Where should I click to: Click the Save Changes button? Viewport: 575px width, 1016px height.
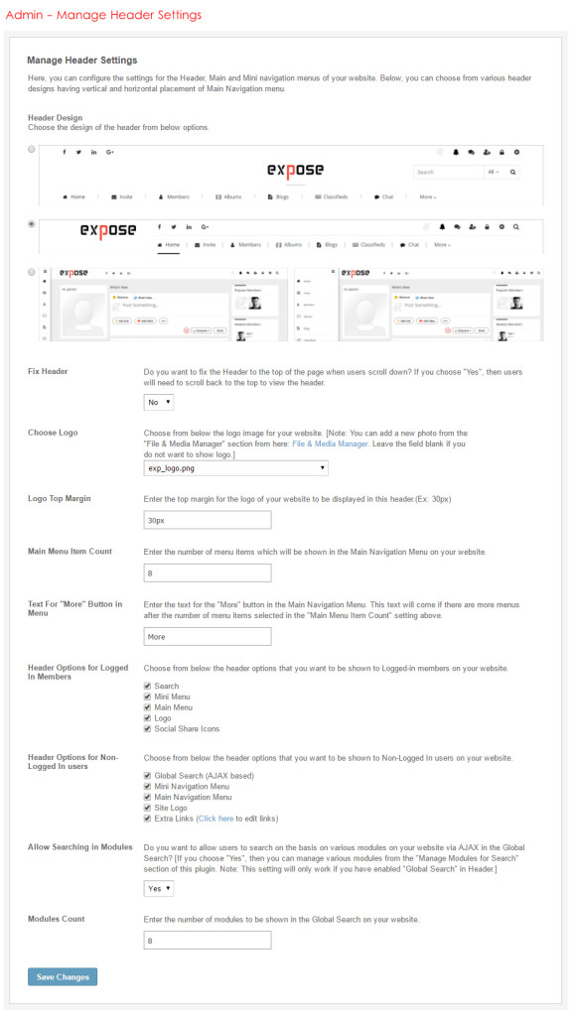(x=62, y=977)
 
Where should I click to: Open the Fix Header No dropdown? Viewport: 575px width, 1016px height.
(x=159, y=402)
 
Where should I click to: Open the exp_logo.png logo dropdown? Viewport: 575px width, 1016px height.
(x=235, y=467)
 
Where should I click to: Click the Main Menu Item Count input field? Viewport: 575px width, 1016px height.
(x=207, y=572)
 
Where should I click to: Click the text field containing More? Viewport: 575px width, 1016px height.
(x=207, y=637)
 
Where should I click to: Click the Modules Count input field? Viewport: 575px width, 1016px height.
(x=207, y=940)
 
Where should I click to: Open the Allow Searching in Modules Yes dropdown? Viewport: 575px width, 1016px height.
(x=159, y=889)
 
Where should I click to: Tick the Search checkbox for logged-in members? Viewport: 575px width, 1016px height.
(x=148, y=686)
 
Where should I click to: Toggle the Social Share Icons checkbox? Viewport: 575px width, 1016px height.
(x=148, y=729)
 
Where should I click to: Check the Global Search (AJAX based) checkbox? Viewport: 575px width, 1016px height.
(x=148, y=775)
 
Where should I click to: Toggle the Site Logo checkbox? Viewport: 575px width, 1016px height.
(x=148, y=808)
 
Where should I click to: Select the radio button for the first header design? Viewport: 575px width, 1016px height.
(x=32, y=149)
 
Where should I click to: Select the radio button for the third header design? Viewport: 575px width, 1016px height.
(x=32, y=271)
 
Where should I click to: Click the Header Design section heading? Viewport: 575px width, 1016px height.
(x=57, y=117)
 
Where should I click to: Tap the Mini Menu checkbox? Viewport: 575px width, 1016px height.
(x=148, y=697)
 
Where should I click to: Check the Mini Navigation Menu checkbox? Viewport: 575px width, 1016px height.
(x=148, y=786)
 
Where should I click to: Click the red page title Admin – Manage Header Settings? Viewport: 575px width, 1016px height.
(x=103, y=15)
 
